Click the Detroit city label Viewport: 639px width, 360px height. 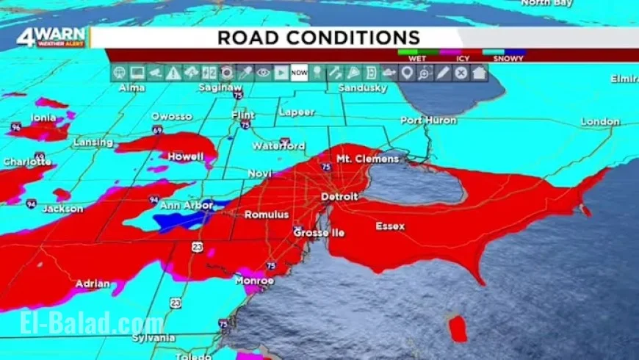pyautogui.click(x=339, y=197)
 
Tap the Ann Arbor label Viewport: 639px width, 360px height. pyautogui.click(x=187, y=206)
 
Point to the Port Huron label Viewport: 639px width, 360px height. pyautogui.click(x=428, y=120)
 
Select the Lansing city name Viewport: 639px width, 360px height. pyautogui.click(x=93, y=143)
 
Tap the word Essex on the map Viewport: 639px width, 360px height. pyautogui.click(x=390, y=226)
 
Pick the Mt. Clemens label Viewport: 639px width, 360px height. pyautogui.click(x=367, y=159)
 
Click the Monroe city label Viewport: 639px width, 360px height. pyautogui.click(x=254, y=281)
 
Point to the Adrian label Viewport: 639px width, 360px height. pyautogui.click(x=93, y=284)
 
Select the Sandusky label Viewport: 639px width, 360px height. pyautogui.click(x=362, y=88)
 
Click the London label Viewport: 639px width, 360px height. pyautogui.click(x=601, y=121)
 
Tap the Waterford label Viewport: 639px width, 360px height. pyautogui.click(x=278, y=145)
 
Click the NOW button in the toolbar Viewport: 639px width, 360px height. pyautogui.click(x=299, y=72)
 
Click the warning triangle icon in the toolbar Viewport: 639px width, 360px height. pyautogui.click(x=173, y=72)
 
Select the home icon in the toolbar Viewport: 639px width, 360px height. pyautogui.click(x=479, y=72)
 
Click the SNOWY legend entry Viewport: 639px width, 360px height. pyautogui.click(x=508, y=57)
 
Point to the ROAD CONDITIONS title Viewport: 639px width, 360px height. pyautogui.click(x=319, y=38)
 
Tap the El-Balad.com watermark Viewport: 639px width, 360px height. pyautogui.click(x=82, y=325)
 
